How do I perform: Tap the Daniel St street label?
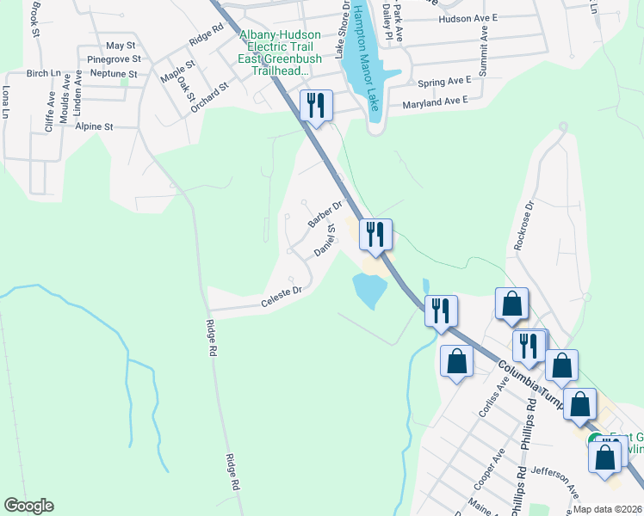[x=325, y=243]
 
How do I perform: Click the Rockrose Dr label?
[x=524, y=226]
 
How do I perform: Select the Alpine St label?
[x=95, y=126]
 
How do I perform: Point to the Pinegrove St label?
[x=114, y=59]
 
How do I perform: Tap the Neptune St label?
[x=108, y=74]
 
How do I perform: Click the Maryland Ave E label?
[x=436, y=101]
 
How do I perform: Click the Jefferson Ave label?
[x=555, y=479]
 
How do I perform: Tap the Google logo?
[x=28, y=506]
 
